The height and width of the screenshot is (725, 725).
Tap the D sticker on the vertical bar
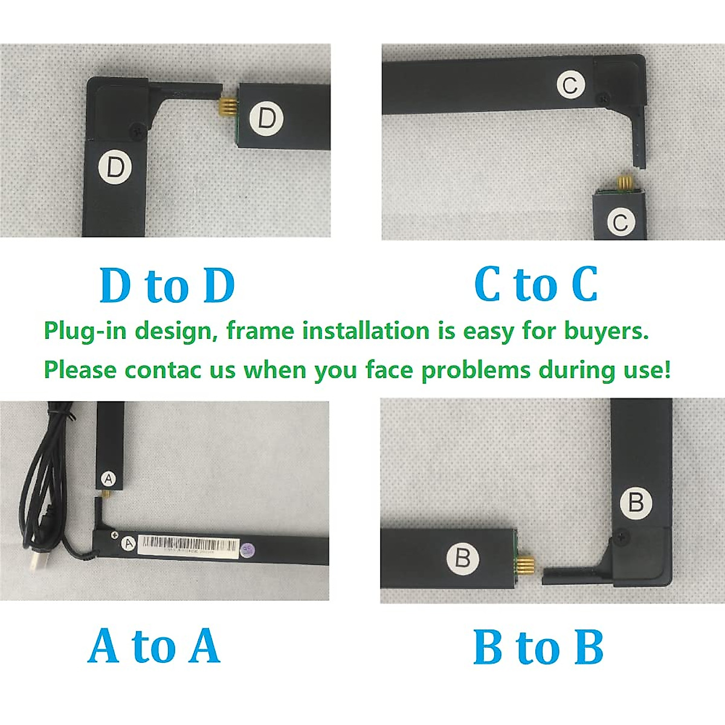click(115, 167)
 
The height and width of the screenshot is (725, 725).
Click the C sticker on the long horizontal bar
click(570, 85)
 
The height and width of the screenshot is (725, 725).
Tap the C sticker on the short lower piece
click(620, 222)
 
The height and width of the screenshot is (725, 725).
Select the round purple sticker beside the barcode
click(246, 550)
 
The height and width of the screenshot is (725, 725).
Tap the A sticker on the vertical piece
click(108, 479)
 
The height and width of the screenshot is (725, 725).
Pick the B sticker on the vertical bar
click(636, 502)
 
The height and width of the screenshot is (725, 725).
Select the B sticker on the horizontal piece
click(463, 557)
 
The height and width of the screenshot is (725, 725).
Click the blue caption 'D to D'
click(167, 285)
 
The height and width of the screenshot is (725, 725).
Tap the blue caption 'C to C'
click(536, 284)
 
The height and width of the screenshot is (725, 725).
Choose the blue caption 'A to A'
click(154, 646)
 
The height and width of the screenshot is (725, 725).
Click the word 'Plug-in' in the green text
click(85, 332)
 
